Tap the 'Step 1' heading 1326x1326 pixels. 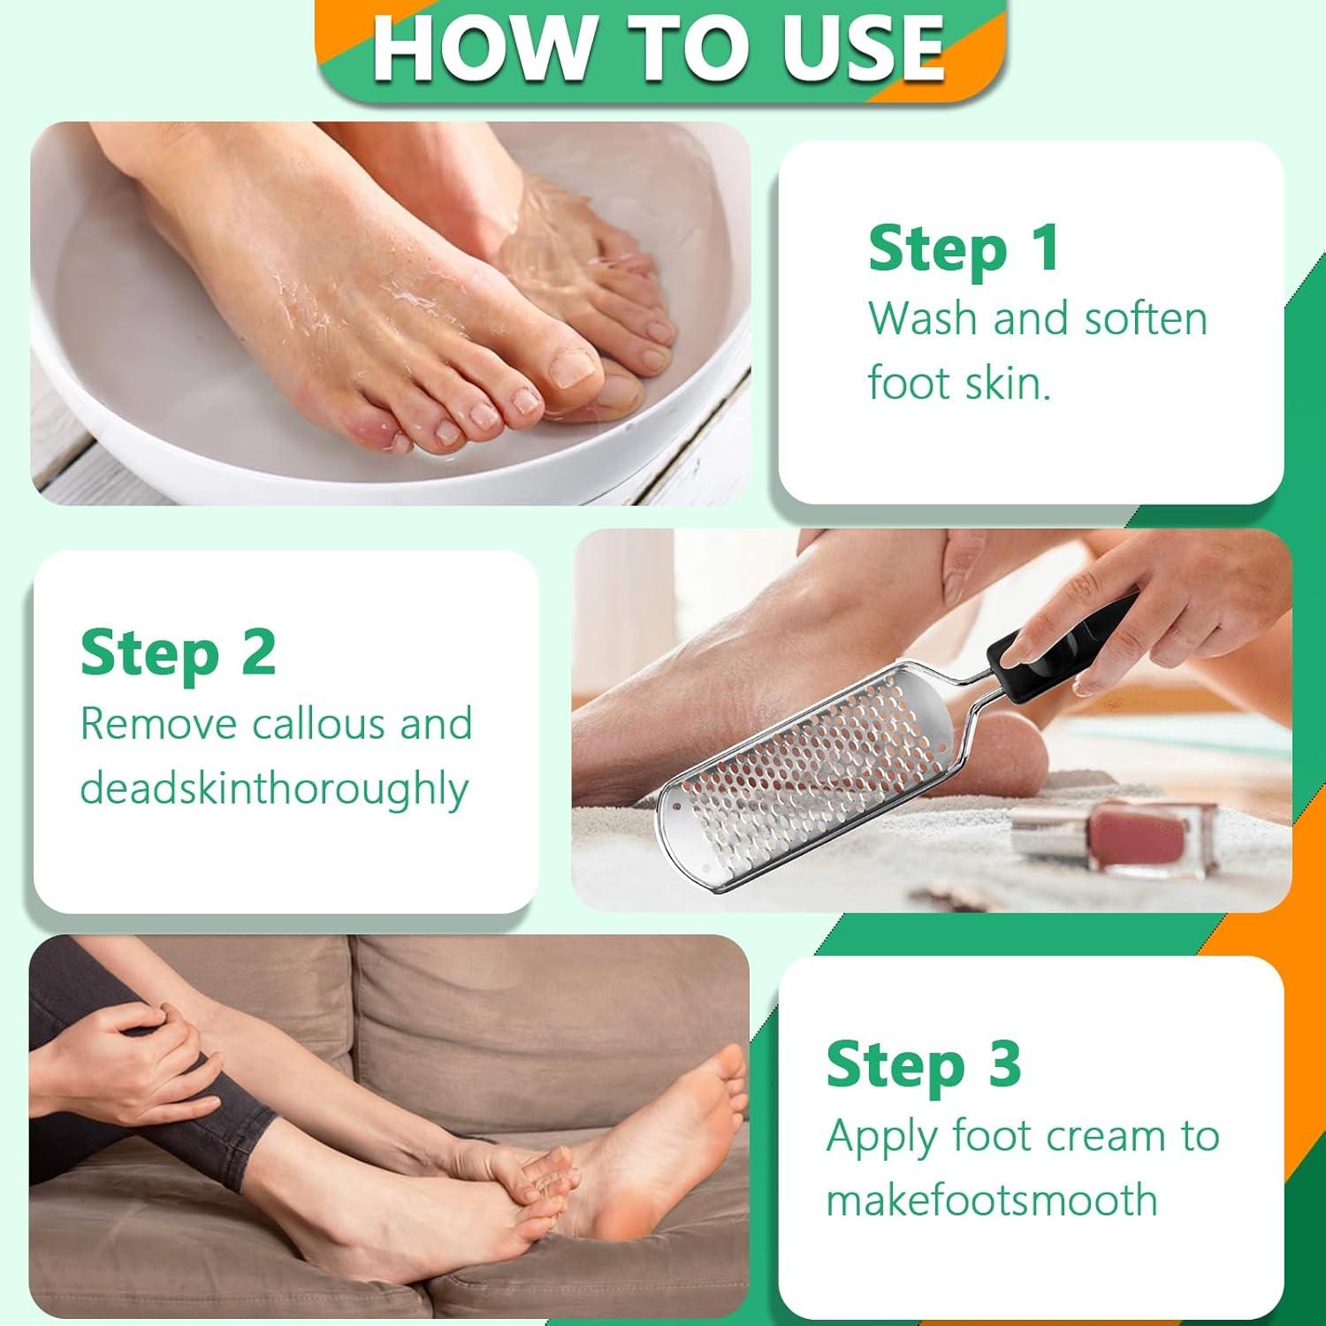click(964, 250)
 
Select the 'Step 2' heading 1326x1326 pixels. click(178, 654)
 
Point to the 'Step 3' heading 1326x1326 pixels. click(923, 1064)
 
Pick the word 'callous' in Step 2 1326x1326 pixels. click(319, 724)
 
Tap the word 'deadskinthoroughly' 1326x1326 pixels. click(273, 789)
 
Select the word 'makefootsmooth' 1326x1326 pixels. click(991, 1200)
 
